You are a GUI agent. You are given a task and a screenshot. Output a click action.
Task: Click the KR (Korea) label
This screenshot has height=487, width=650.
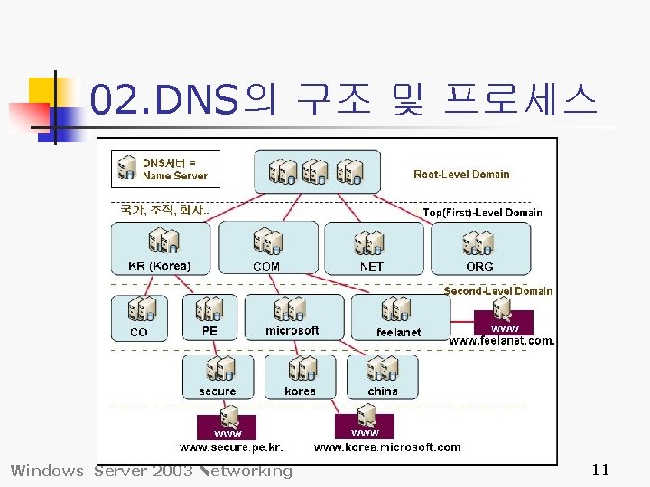pos(160,266)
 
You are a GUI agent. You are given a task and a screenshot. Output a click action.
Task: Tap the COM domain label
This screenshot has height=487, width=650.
pos(266,267)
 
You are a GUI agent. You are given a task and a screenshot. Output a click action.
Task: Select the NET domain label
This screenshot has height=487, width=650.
pos(371,267)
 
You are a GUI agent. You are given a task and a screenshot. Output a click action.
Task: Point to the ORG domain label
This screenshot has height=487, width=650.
pos(479,267)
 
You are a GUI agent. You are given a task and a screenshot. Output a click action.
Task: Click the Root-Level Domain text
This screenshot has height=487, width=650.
pos(461,174)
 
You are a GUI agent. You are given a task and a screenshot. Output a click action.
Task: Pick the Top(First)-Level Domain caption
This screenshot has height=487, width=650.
pos(483,213)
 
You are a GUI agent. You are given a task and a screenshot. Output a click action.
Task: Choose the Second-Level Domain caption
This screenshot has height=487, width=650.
pos(497,291)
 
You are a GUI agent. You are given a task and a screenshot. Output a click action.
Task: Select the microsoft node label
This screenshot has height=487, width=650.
pos(292,331)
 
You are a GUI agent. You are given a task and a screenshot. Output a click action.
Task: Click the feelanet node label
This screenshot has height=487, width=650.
pos(398,332)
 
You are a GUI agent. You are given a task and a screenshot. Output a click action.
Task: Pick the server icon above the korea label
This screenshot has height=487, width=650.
pos(301,368)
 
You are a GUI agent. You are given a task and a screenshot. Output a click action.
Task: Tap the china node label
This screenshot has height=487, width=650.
pos(383,391)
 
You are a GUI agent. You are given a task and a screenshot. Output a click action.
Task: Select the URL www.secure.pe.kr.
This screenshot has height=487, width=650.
pos(231,447)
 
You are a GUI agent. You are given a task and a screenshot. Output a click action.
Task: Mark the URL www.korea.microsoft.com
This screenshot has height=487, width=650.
pos(386,447)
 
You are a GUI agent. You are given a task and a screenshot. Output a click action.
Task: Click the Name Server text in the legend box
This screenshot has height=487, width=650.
pos(175,176)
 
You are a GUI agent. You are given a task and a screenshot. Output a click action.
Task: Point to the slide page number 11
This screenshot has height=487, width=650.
pos(601,470)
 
